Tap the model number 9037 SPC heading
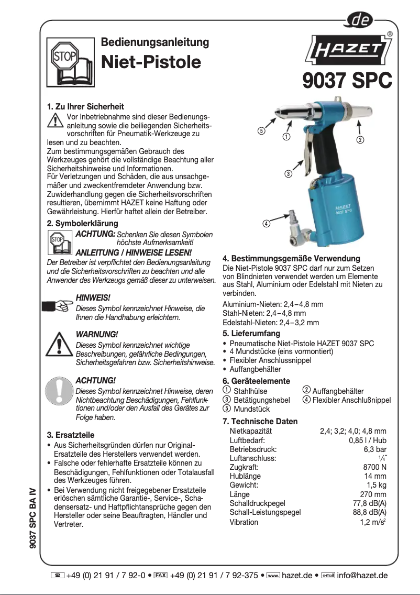(347, 82)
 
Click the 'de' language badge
(361, 20)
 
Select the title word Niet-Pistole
(151, 62)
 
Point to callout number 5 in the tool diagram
(260, 130)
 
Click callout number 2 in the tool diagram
(360, 139)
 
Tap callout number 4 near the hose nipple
(267, 224)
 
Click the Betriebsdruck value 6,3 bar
(375, 449)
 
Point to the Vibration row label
(244, 522)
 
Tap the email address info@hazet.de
(362, 575)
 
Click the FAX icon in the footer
(161, 575)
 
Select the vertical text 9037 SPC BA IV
(32, 517)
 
